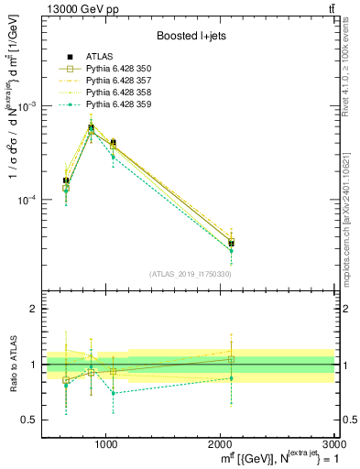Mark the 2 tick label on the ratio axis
click(35, 310)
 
